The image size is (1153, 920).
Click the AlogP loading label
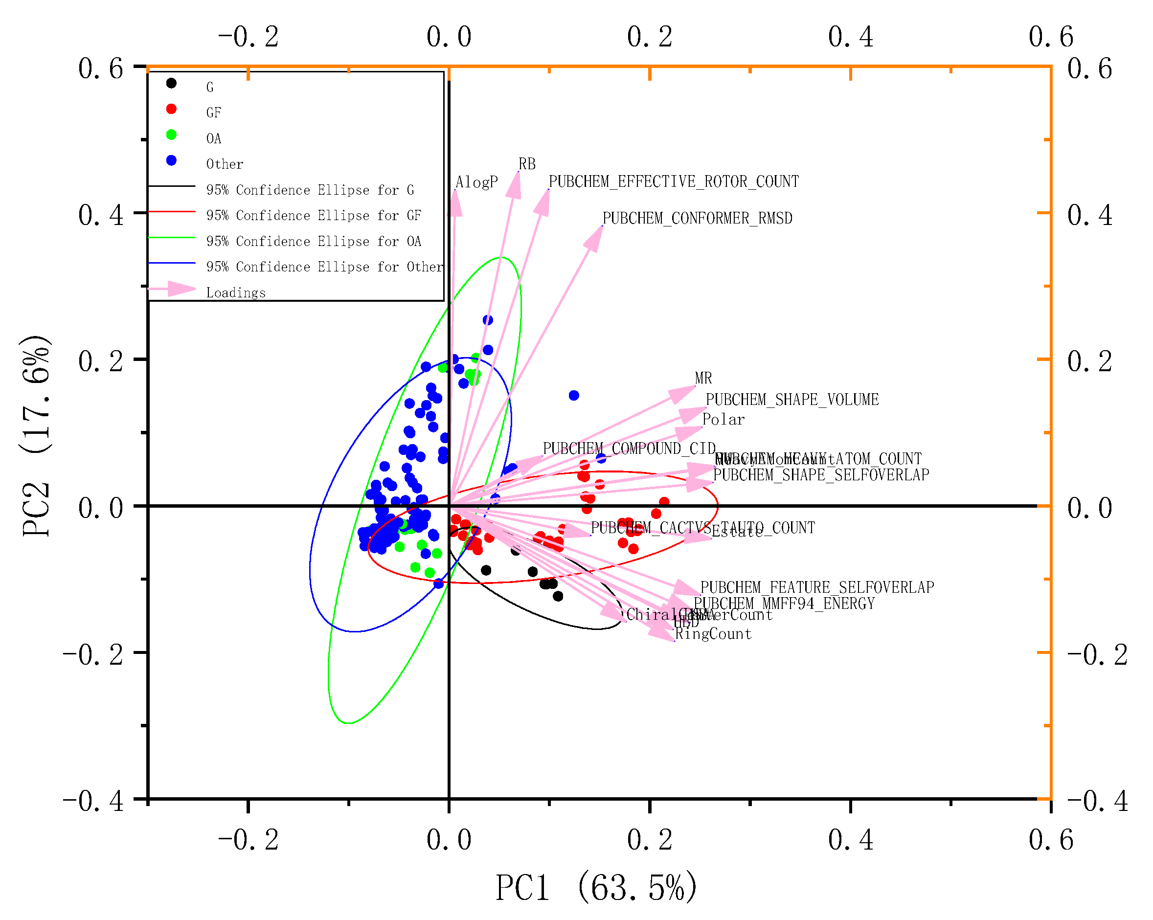click(476, 182)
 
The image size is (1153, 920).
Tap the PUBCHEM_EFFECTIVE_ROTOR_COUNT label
click(673, 182)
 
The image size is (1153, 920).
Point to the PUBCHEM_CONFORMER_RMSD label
click(697, 218)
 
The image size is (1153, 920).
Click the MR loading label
click(703, 378)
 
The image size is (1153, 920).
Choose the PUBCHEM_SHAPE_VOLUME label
click(791, 399)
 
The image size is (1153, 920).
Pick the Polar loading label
click(723, 419)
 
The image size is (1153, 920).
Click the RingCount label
click(713, 634)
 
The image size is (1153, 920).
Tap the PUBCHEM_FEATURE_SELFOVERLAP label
click(816, 587)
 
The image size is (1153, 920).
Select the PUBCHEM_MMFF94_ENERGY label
click(784, 604)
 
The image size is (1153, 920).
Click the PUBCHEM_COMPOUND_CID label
click(629, 449)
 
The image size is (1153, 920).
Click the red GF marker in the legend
click(171, 109)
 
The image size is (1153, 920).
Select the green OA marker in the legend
click(171, 135)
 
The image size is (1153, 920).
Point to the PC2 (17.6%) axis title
click(36, 436)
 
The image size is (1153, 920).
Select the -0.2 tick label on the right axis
click(1097, 655)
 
